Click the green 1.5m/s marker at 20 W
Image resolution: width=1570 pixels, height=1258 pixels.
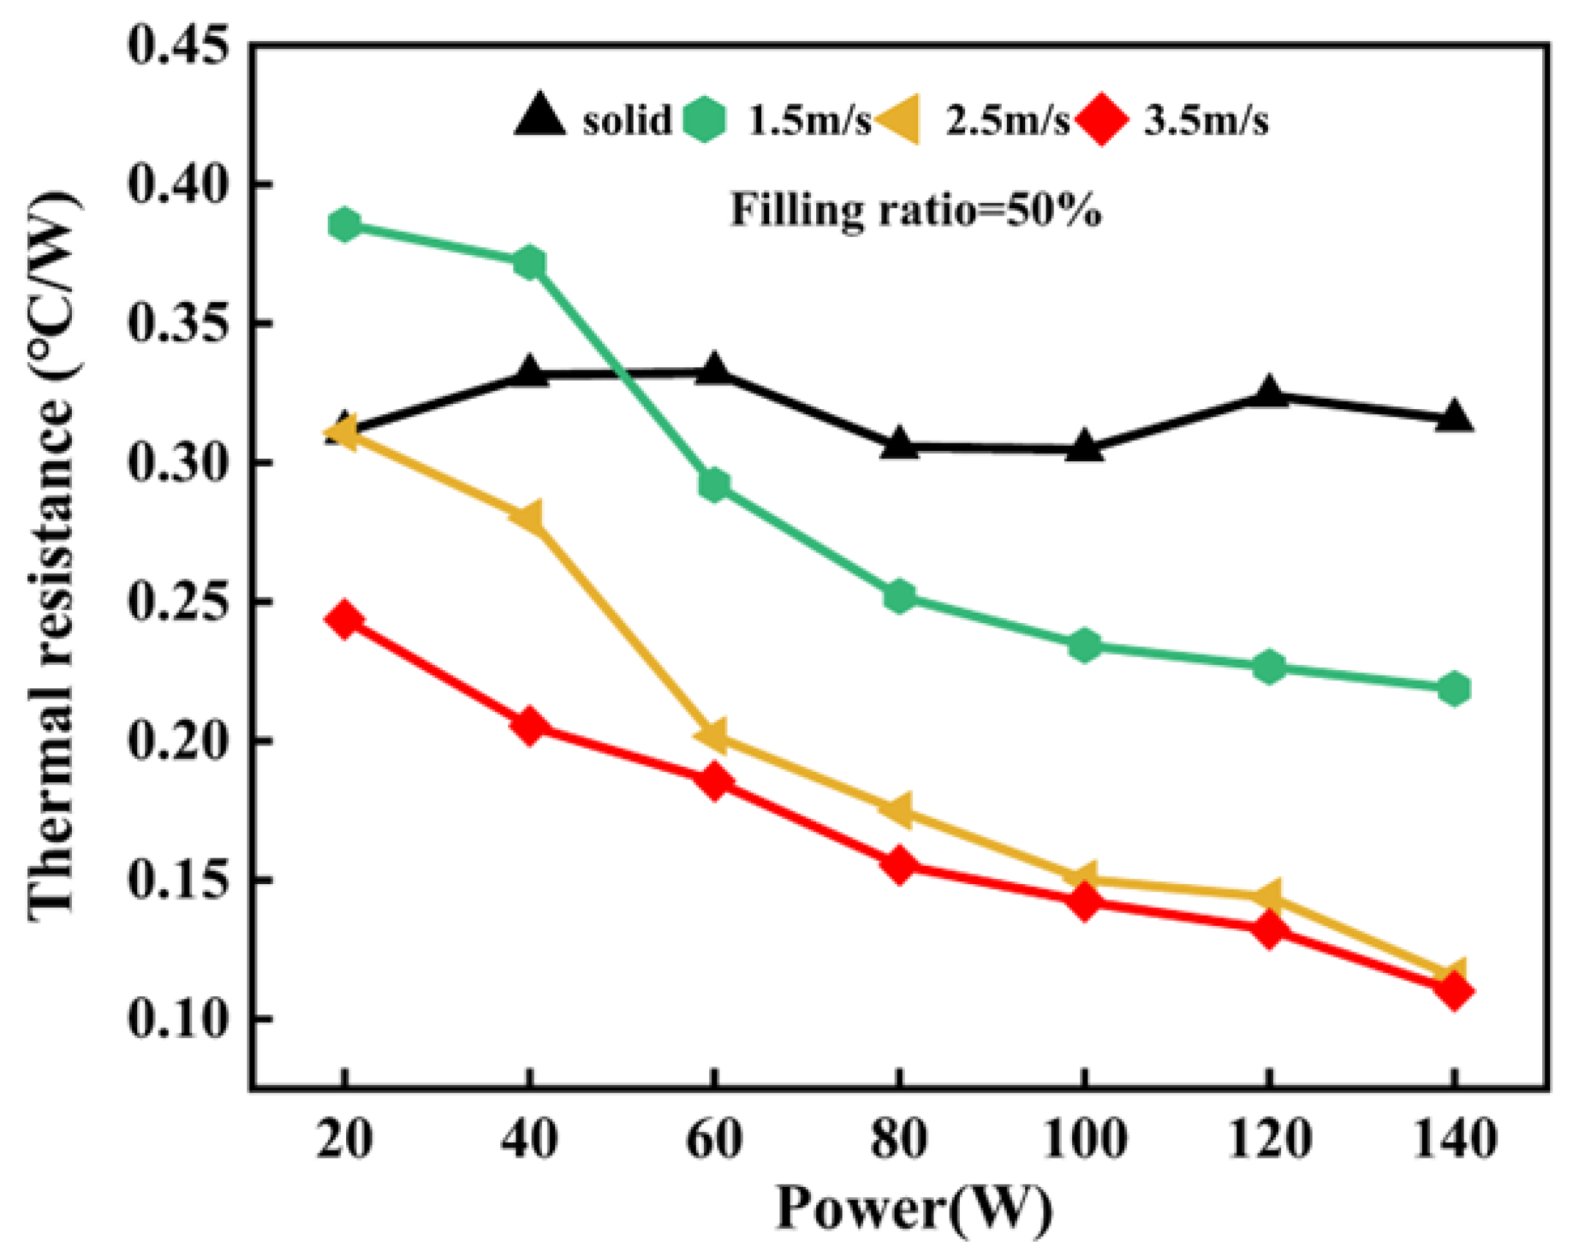(345, 224)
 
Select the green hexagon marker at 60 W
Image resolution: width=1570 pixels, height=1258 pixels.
(714, 485)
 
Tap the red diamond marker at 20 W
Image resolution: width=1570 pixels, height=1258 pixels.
(345, 620)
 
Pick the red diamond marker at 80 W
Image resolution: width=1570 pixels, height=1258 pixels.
(899, 865)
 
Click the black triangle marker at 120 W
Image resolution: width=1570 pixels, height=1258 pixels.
(1269, 394)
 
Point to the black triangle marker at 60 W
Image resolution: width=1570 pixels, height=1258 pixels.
(714, 371)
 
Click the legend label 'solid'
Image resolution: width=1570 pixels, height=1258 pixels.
(627, 119)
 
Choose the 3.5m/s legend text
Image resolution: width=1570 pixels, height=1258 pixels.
(1206, 119)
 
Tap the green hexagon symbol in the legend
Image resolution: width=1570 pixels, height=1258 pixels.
(705, 119)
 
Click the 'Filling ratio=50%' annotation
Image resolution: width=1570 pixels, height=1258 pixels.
(916, 210)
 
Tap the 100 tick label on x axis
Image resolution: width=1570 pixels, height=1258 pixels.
(1085, 1139)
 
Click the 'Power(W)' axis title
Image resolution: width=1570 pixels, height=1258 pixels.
(914, 1207)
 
